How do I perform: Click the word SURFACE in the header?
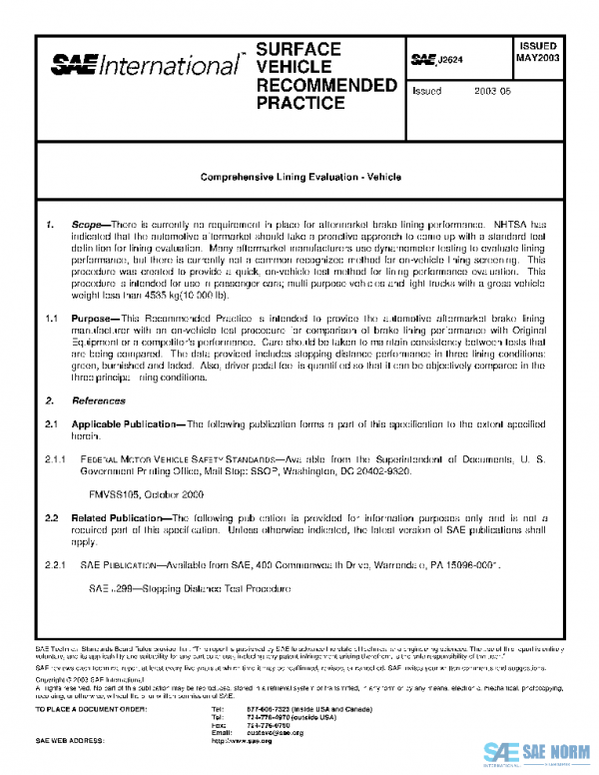pyautogui.click(x=299, y=49)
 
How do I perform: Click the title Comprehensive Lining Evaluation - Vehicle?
pyautogui.click(x=300, y=176)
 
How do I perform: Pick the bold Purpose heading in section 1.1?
pyautogui.click(x=98, y=317)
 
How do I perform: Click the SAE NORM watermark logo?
pyautogui.click(x=540, y=751)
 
